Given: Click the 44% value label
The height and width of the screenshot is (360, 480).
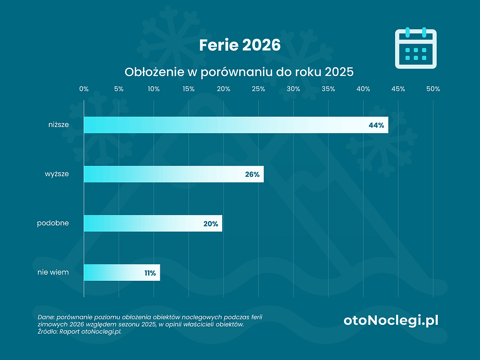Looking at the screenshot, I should click(376, 125).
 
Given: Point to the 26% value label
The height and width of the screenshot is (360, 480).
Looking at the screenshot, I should click(252, 174).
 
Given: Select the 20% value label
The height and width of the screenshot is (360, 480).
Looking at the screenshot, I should click(211, 224).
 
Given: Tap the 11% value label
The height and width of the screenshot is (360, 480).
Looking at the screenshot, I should click(150, 272).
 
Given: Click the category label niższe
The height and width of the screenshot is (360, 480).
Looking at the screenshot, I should click(58, 125).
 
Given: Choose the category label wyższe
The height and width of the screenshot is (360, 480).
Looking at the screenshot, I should click(57, 174).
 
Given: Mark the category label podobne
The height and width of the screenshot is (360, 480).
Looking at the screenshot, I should click(53, 223).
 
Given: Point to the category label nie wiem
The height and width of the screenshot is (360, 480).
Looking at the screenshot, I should click(53, 272).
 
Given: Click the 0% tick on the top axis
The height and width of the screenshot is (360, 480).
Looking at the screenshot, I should click(84, 89).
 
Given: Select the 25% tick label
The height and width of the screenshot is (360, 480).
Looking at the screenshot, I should click(258, 89).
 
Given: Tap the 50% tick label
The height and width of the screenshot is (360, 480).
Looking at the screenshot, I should click(433, 89).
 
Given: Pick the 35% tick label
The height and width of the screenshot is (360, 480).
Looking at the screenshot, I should click(328, 89).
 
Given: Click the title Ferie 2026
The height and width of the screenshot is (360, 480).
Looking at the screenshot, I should click(240, 45).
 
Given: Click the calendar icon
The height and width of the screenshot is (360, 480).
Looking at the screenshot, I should click(416, 48).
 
